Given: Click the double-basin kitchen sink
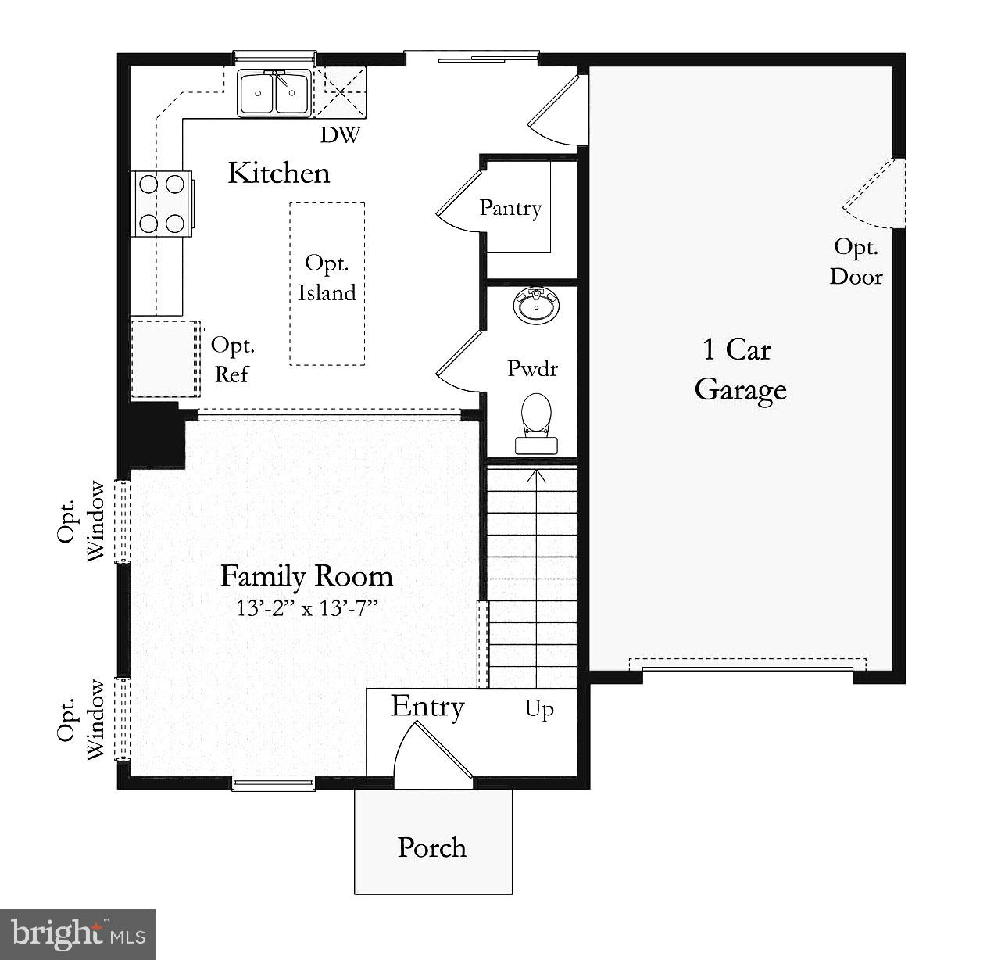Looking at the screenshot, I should (274, 93).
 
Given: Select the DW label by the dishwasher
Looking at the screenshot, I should (340, 135).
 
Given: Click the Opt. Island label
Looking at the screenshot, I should (327, 278).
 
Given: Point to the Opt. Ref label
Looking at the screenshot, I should (232, 360).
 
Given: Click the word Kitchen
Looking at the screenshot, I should (279, 173).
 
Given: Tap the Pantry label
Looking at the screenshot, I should (510, 208).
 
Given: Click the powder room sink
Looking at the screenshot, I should (536, 305).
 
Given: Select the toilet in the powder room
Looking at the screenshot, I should (536, 422).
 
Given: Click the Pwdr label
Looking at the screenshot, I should (532, 368).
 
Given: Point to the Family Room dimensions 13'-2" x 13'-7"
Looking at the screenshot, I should (307, 607).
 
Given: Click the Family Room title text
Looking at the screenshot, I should (306, 576).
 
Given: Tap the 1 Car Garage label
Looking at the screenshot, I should (739, 369).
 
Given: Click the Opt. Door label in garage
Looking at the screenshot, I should (856, 262).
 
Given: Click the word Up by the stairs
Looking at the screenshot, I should (539, 710).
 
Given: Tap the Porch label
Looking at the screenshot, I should (432, 847).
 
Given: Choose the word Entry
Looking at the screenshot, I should (427, 707).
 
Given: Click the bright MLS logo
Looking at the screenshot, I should (78, 934).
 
